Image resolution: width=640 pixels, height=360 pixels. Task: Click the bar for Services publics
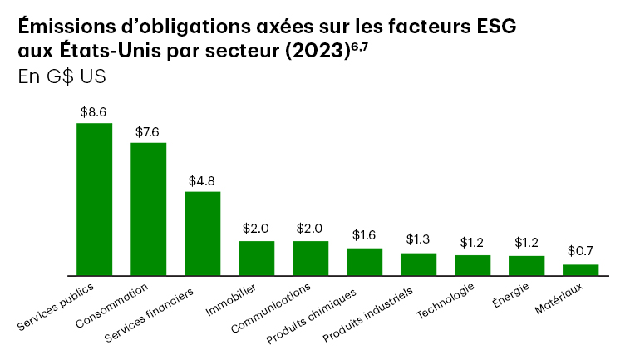(x=94, y=199)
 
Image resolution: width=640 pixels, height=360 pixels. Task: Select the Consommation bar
(x=148, y=209)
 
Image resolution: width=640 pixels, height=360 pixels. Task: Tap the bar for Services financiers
(x=202, y=233)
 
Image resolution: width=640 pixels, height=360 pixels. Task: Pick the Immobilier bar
(x=256, y=258)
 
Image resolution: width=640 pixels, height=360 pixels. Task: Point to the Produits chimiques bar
(x=364, y=261)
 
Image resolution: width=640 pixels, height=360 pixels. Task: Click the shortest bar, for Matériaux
(x=580, y=269)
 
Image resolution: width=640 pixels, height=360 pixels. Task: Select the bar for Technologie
(x=472, y=264)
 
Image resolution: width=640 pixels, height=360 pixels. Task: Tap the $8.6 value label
(x=94, y=111)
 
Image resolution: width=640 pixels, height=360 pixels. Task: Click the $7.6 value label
(x=148, y=131)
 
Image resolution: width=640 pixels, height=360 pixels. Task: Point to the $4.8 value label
(x=202, y=180)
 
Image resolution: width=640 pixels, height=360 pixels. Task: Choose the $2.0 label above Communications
(x=310, y=229)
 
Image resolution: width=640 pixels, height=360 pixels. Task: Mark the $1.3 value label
(x=418, y=240)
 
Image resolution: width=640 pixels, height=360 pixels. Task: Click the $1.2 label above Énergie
(x=526, y=243)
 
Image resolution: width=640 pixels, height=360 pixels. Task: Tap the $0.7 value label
(x=580, y=251)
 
